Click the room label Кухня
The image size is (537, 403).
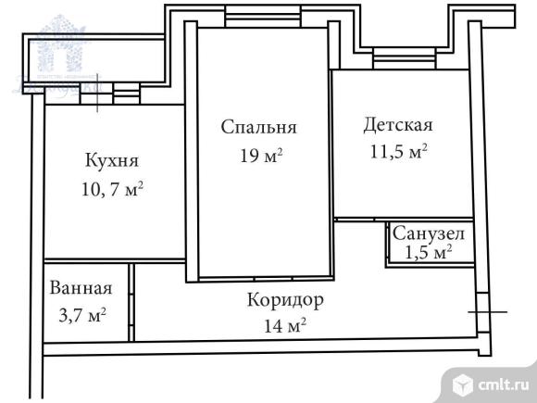tap(110, 160)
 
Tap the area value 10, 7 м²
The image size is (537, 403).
tap(111, 189)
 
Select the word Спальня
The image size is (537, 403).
tap(258, 127)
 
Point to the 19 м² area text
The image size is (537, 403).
tap(260, 155)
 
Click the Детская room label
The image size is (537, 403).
tap(398, 123)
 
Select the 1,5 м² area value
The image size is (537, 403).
tap(428, 251)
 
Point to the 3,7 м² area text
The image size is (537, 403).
tap(82, 316)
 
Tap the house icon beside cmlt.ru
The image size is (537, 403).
tap(462, 381)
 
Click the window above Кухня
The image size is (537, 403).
tap(111, 91)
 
